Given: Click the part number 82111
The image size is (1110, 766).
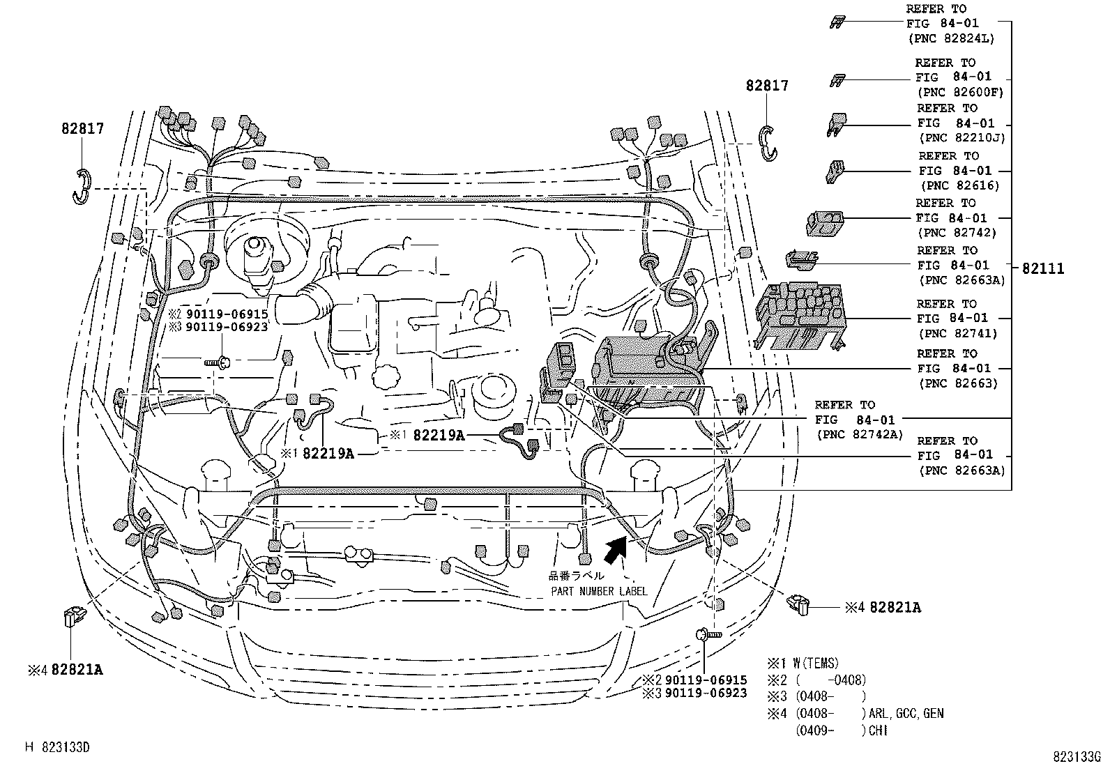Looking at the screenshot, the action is (1043, 268).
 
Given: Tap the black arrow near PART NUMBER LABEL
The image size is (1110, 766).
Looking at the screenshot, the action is (616, 550).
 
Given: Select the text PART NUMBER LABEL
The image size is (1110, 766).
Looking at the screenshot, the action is (599, 591).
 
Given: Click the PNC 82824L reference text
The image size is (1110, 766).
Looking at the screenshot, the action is (950, 23).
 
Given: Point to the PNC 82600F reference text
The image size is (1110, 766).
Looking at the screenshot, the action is (959, 77).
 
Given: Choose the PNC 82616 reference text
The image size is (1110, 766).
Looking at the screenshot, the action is (959, 171).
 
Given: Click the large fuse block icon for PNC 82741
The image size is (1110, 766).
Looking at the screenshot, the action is (800, 316).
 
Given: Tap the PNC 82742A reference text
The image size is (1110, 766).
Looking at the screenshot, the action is (859, 420).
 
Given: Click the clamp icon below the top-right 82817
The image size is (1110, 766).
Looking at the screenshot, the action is (768, 143).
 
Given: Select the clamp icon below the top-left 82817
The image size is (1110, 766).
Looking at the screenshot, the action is (82, 186).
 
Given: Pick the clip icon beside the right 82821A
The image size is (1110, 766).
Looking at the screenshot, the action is (798, 604).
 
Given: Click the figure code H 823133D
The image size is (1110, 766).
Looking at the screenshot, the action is (57, 747).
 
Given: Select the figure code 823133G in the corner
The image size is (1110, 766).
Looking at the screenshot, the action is (1077, 756).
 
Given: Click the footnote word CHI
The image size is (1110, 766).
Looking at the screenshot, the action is (878, 730).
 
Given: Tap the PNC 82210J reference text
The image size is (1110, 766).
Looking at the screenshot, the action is (961, 123).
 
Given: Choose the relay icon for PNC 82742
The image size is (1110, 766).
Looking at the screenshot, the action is (825, 223).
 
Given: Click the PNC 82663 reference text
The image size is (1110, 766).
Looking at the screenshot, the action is (958, 369).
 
